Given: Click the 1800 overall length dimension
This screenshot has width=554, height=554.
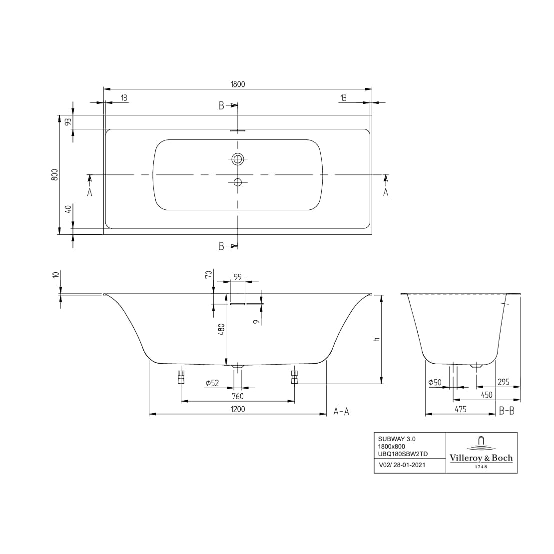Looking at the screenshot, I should pos(238,84).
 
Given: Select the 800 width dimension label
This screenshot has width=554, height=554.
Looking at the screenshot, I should pos(55,174).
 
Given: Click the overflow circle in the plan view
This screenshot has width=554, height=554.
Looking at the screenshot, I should pos(238,159).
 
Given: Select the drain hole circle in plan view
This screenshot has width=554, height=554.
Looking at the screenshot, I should pos(238,182).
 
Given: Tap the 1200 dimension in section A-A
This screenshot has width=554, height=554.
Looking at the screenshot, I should pos(238,409).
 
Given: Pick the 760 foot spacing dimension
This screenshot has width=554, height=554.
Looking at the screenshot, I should pos(238,396).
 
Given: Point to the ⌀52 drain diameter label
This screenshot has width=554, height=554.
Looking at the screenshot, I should pos(212,383).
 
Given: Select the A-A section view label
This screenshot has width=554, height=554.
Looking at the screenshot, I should pos(341,412).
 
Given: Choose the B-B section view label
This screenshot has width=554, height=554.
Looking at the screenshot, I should pos(507,411).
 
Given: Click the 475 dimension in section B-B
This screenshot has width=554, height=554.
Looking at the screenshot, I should pos(460,409).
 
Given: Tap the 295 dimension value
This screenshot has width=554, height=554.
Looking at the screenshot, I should pos(503,382).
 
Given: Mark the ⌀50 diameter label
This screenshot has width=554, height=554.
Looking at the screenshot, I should pos(435,382).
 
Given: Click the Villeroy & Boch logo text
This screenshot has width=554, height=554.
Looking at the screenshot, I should pos(481,458).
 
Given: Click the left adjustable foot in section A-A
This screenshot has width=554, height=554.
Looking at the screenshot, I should pos(181,377).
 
